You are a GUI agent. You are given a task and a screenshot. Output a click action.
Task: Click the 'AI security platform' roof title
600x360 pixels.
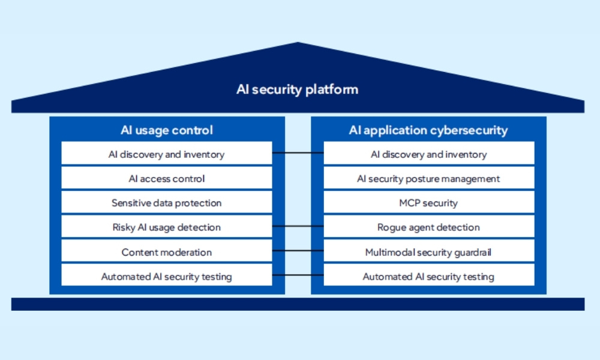(x=298, y=90)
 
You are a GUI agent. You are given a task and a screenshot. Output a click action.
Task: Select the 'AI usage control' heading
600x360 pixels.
(x=167, y=130)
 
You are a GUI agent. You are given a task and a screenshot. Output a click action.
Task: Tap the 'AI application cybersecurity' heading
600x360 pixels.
(x=428, y=130)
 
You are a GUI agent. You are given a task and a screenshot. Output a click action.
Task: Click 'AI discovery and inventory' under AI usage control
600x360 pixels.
(x=167, y=154)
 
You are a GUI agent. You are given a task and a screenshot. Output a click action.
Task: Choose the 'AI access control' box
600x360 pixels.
(x=167, y=179)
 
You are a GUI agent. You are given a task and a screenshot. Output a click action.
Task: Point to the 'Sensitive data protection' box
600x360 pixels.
(x=167, y=203)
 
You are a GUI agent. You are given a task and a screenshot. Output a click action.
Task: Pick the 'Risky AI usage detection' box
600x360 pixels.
(x=167, y=227)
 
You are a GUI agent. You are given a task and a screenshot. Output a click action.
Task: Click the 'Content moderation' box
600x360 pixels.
(x=167, y=252)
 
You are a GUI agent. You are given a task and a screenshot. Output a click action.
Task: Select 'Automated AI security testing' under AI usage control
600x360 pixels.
(x=167, y=277)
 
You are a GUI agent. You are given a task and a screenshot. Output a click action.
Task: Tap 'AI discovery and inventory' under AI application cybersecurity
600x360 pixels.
(x=428, y=154)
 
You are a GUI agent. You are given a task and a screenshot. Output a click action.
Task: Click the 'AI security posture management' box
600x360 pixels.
(x=428, y=179)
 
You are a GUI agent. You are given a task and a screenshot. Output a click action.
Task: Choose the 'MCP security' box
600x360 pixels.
(x=428, y=203)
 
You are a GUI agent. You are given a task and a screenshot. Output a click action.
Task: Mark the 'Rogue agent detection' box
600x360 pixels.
(x=428, y=227)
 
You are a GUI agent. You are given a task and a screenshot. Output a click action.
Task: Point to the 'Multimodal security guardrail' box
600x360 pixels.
(x=428, y=252)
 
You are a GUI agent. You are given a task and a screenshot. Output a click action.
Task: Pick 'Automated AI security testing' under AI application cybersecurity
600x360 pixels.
(x=428, y=277)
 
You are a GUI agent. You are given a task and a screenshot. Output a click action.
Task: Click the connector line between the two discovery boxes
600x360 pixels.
(x=298, y=153)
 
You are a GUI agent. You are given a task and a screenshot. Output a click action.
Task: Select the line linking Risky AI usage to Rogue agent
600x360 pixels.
(x=298, y=226)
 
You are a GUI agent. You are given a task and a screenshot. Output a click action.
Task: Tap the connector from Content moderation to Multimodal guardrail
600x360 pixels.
(x=298, y=251)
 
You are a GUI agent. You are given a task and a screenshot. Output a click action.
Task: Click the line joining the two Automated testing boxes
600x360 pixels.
(x=298, y=275)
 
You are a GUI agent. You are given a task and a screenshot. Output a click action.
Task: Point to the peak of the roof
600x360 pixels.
(x=298, y=44)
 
